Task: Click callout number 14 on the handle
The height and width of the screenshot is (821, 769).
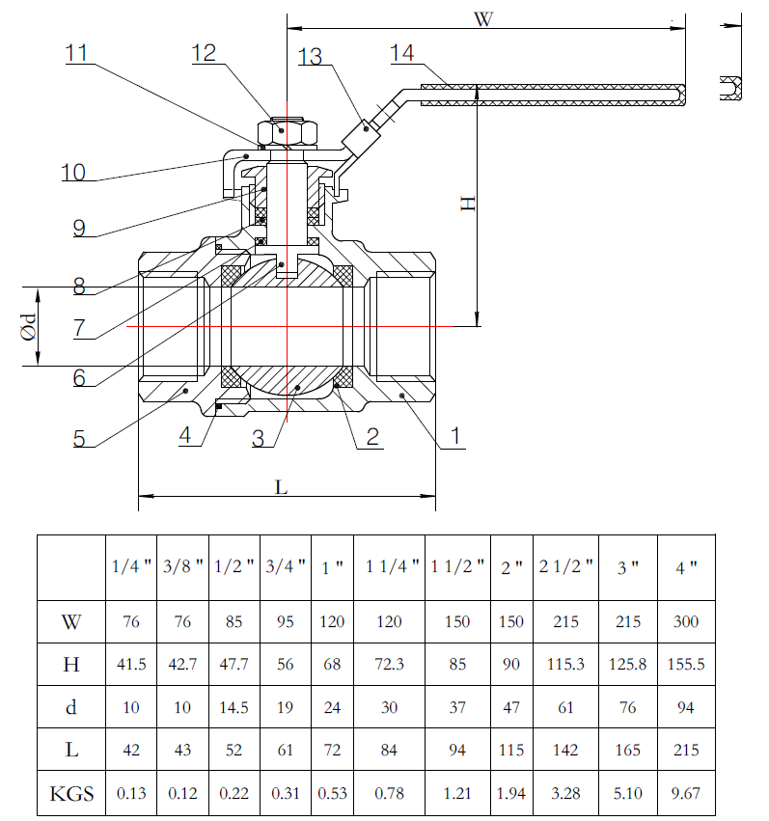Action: click(x=402, y=53)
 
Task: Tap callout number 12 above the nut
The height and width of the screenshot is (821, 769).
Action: click(x=205, y=53)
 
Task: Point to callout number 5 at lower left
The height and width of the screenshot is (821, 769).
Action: click(x=79, y=438)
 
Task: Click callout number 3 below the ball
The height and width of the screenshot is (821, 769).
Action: click(x=258, y=438)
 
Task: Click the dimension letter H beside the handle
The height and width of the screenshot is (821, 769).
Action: click(x=467, y=204)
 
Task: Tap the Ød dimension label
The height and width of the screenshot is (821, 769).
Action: click(x=30, y=325)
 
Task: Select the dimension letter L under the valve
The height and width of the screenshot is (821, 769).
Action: click(x=281, y=487)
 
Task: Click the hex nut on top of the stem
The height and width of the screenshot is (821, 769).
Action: click(x=282, y=130)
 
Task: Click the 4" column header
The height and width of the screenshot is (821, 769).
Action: click(x=686, y=567)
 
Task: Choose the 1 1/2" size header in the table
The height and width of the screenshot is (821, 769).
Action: click(x=457, y=567)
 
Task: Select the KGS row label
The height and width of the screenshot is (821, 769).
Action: click(x=71, y=794)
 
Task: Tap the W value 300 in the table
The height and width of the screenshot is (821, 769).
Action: click(x=686, y=622)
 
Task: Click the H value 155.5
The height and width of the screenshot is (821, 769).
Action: click(x=686, y=665)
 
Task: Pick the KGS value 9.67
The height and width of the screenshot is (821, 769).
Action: click(x=686, y=795)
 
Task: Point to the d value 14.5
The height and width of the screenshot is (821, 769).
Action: click(x=234, y=707)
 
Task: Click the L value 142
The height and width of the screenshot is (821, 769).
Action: click(x=566, y=751)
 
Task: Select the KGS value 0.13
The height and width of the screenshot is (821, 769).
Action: click(x=131, y=795)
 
